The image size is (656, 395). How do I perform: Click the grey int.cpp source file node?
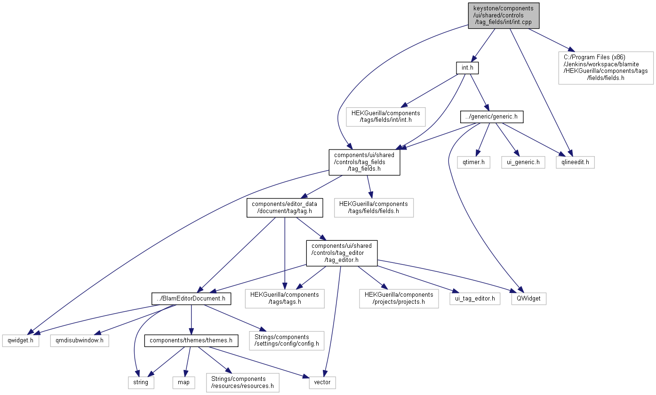pyautogui.click(x=504, y=16)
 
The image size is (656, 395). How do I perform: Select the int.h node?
pyautogui.click(x=467, y=68)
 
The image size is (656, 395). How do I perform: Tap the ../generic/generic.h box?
pyautogui.click(x=492, y=117)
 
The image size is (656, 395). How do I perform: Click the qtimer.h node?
pyautogui.click(x=473, y=162)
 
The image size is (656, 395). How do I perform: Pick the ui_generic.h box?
pyautogui.click(x=523, y=162)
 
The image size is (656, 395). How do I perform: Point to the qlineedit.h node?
pyautogui.click(x=575, y=162)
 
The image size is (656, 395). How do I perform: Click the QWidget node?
pyautogui.click(x=528, y=299)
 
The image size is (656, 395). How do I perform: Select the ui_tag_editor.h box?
pyautogui.click(x=475, y=299)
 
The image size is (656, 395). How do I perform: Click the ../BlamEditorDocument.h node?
pyautogui.click(x=191, y=299)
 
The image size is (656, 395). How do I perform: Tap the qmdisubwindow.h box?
pyautogui.click(x=80, y=340)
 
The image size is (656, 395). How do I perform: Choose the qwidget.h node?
pyautogui.click(x=21, y=340)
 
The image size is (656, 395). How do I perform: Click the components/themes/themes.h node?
pyautogui.click(x=191, y=340)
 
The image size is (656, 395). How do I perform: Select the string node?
pyautogui.click(x=141, y=382)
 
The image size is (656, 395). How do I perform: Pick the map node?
pyautogui.click(x=184, y=382)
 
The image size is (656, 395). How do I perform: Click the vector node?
pyautogui.click(x=322, y=382)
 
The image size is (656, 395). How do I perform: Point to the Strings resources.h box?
pyautogui.click(x=242, y=382)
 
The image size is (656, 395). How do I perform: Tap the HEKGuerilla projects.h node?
pyautogui.click(x=399, y=299)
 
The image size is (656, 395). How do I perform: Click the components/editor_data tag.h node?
pyautogui.click(x=285, y=208)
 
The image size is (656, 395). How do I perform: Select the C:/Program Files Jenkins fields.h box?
pyautogui.click(x=606, y=68)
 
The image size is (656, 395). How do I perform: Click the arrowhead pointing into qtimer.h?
pyautogui.click(x=478, y=153)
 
